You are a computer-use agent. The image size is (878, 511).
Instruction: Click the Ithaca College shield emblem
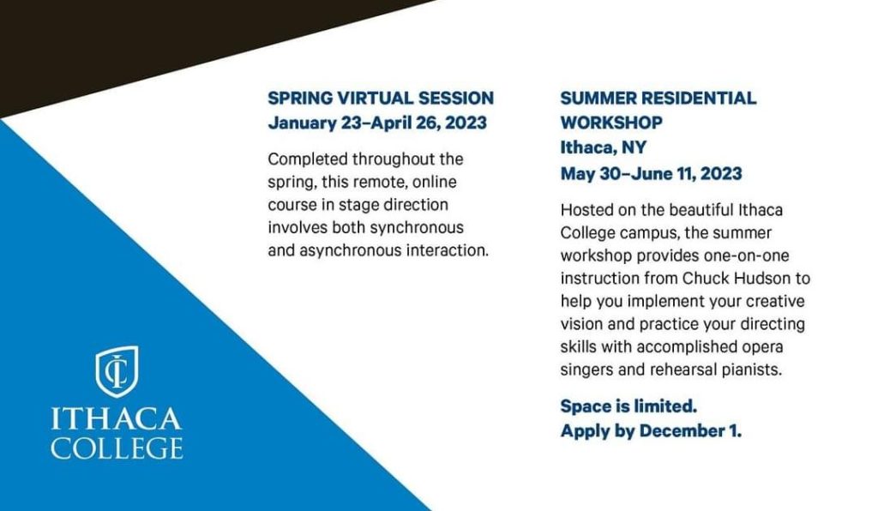pyautogui.click(x=117, y=371)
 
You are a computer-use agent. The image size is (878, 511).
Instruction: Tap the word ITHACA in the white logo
pyautogui.click(x=117, y=418)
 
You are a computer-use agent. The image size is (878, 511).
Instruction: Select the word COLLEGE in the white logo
pyautogui.click(x=117, y=448)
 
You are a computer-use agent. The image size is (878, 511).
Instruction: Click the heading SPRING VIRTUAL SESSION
pyautogui.click(x=381, y=98)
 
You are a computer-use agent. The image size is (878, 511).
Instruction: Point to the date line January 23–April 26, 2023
pyautogui.click(x=377, y=123)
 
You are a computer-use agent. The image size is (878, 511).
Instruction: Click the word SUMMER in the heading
pyautogui.click(x=598, y=98)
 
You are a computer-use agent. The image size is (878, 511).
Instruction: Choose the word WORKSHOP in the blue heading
pyautogui.click(x=611, y=123)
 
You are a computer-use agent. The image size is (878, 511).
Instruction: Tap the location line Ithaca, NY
pyautogui.click(x=604, y=147)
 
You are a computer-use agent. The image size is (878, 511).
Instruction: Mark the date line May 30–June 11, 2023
pyautogui.click(x=652, y=173)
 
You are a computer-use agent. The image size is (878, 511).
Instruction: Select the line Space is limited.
pyautogui.click(x=628, y=406)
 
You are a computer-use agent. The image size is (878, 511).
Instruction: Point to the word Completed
pyautogui.click(x=308, y=159)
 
